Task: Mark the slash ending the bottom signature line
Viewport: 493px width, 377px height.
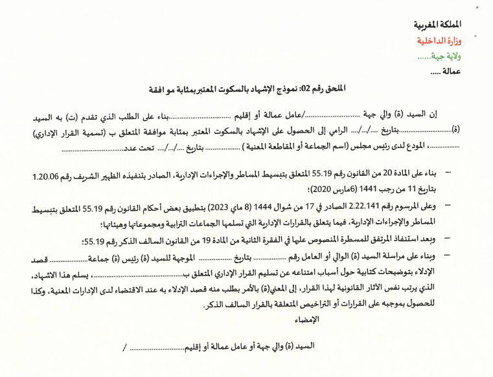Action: pos(124,347)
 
